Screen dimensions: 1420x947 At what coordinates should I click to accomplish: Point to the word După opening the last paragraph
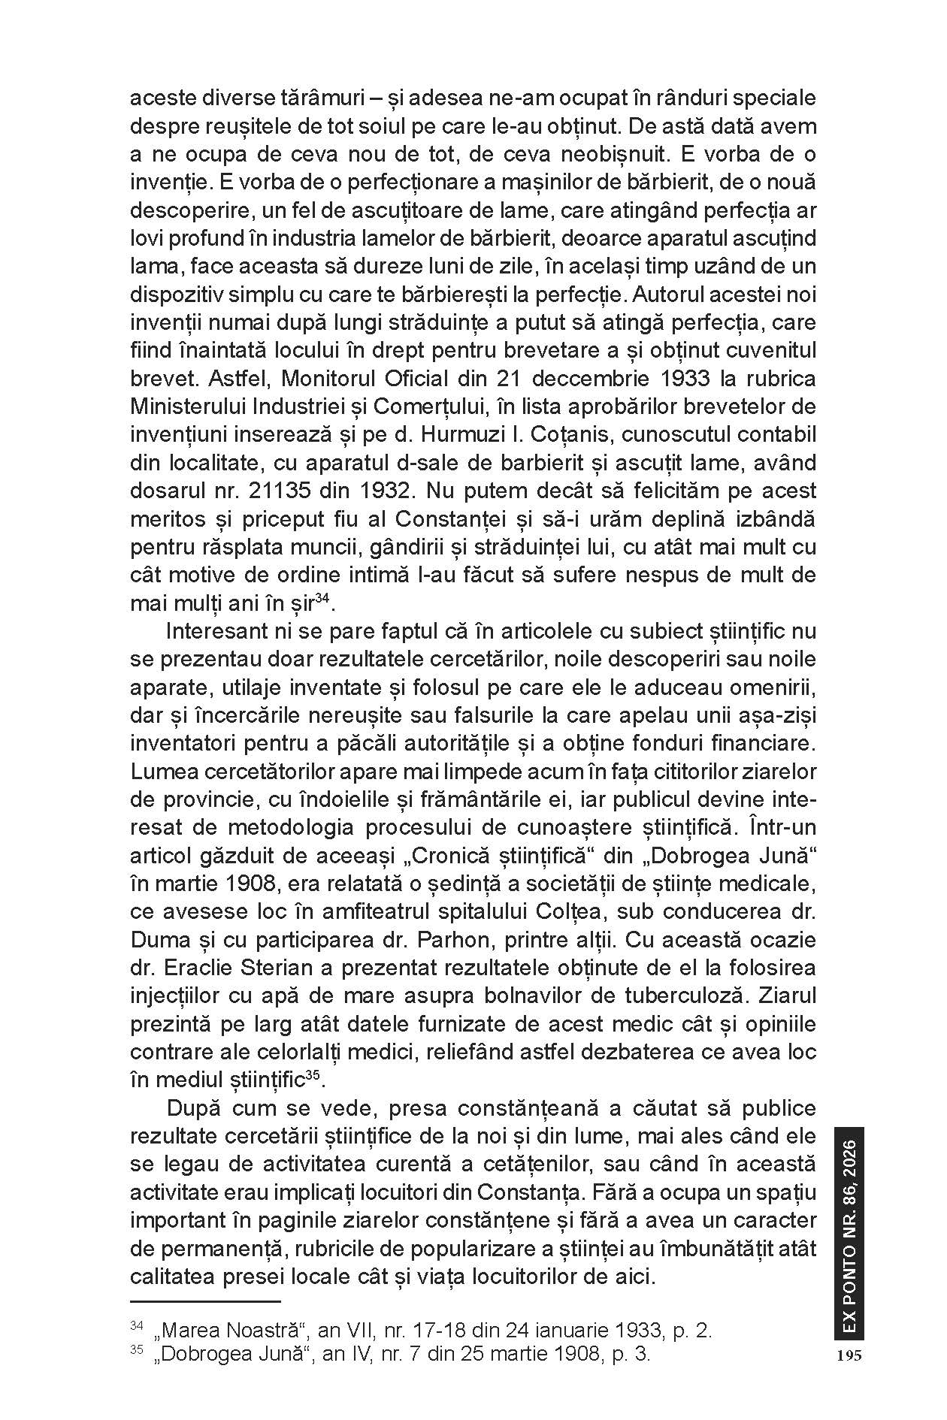coord(192,1109)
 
